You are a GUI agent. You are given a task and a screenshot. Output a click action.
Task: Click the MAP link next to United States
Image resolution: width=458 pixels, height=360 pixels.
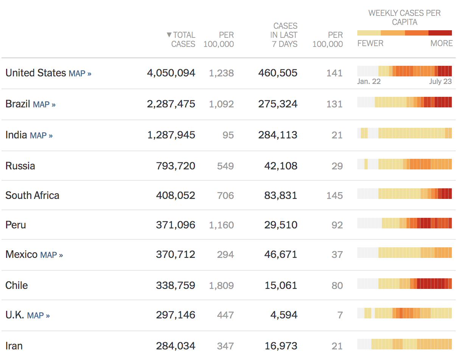pos(80,73)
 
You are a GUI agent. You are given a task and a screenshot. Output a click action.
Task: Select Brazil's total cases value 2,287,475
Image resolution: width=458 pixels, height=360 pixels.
pos(171,104)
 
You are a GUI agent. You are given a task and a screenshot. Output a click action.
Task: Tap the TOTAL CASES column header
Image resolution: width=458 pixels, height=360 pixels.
pos(184,39)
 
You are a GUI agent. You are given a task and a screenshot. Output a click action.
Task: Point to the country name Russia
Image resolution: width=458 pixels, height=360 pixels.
pos(20,166)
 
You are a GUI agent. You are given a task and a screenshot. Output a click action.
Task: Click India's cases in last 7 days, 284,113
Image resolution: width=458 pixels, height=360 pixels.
pos(278,135)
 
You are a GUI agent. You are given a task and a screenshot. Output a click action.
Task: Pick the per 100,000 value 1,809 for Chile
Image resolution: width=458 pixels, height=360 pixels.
pos(221,286)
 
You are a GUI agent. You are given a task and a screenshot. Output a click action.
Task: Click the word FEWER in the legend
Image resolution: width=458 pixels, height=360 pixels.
pos(370,43)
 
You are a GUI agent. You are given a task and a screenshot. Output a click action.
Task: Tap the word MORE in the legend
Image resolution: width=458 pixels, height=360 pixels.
pos(441,43)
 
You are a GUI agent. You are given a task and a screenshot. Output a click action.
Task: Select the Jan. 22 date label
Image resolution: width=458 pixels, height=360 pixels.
pos(369,82)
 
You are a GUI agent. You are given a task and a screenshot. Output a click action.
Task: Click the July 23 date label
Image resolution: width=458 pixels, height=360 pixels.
pos(440,82)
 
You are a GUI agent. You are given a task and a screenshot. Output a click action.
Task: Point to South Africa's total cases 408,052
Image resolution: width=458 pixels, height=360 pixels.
pos(176,196)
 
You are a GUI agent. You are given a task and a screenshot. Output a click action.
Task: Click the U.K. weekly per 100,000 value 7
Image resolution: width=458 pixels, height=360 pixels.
pos(340,315)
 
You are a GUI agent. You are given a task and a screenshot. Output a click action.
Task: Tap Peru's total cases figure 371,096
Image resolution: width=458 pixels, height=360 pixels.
pos(176,225)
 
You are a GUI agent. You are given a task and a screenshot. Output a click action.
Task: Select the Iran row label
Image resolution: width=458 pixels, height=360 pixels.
pos(14,346)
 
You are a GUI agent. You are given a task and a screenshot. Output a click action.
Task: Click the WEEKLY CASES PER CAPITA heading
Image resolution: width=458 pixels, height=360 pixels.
pos(404,17)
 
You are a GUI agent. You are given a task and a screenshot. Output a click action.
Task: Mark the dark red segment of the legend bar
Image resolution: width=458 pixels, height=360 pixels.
pos(440,33)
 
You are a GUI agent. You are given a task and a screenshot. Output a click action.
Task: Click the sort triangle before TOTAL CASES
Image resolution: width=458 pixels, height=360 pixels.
pos(169,35)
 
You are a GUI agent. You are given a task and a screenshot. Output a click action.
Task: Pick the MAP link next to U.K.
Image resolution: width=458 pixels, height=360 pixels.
pos(38,315)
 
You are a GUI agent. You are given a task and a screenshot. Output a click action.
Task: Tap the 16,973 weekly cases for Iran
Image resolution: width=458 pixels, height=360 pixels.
pos(281,346)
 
